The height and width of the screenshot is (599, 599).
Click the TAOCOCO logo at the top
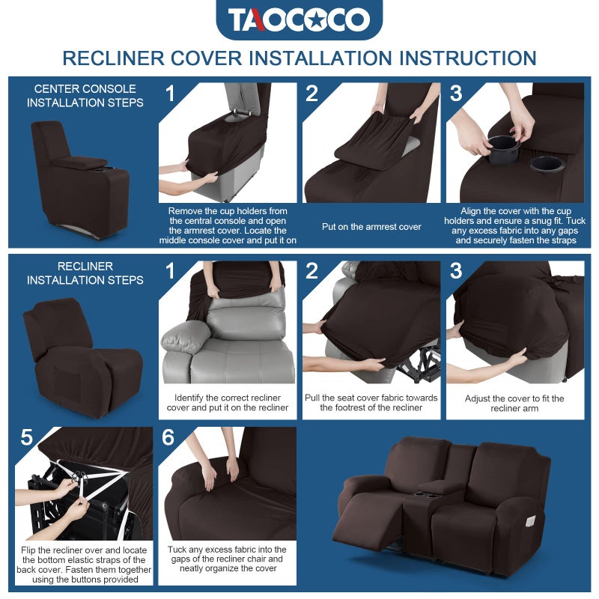pyautogui.click(x=299, y=20)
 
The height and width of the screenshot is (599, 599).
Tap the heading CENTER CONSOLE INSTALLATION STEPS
pyautogui.click(x=85, y=96)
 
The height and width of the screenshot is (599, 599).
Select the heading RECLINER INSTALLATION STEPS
pyautogui.click(x=85, y=273)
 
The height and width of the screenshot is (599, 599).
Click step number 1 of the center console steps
pyautogui.click(x=170, y=94)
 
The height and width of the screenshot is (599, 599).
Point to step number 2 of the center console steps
pyautogui.click(x=312, y=94)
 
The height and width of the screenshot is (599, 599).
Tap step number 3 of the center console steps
pyautogui.click(x=456, y=94)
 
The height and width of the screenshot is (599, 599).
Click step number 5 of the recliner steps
pyautogui.click(x=26, y=437)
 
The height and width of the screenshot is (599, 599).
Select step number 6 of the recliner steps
pyautogui.click(x=168, y=437)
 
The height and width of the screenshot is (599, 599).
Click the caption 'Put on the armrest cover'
pyautogui.click(x=371, y=227)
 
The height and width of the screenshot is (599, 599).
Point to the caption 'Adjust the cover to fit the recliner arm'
pyautogui.click(x=514, y=404)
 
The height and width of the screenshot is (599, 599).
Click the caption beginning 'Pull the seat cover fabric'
pyautogui.click(x=371, y=403)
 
